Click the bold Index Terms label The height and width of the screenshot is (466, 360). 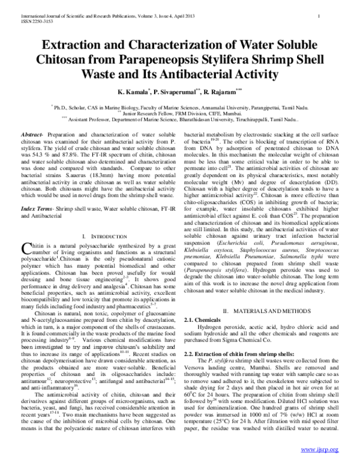(x=37, y=208)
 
